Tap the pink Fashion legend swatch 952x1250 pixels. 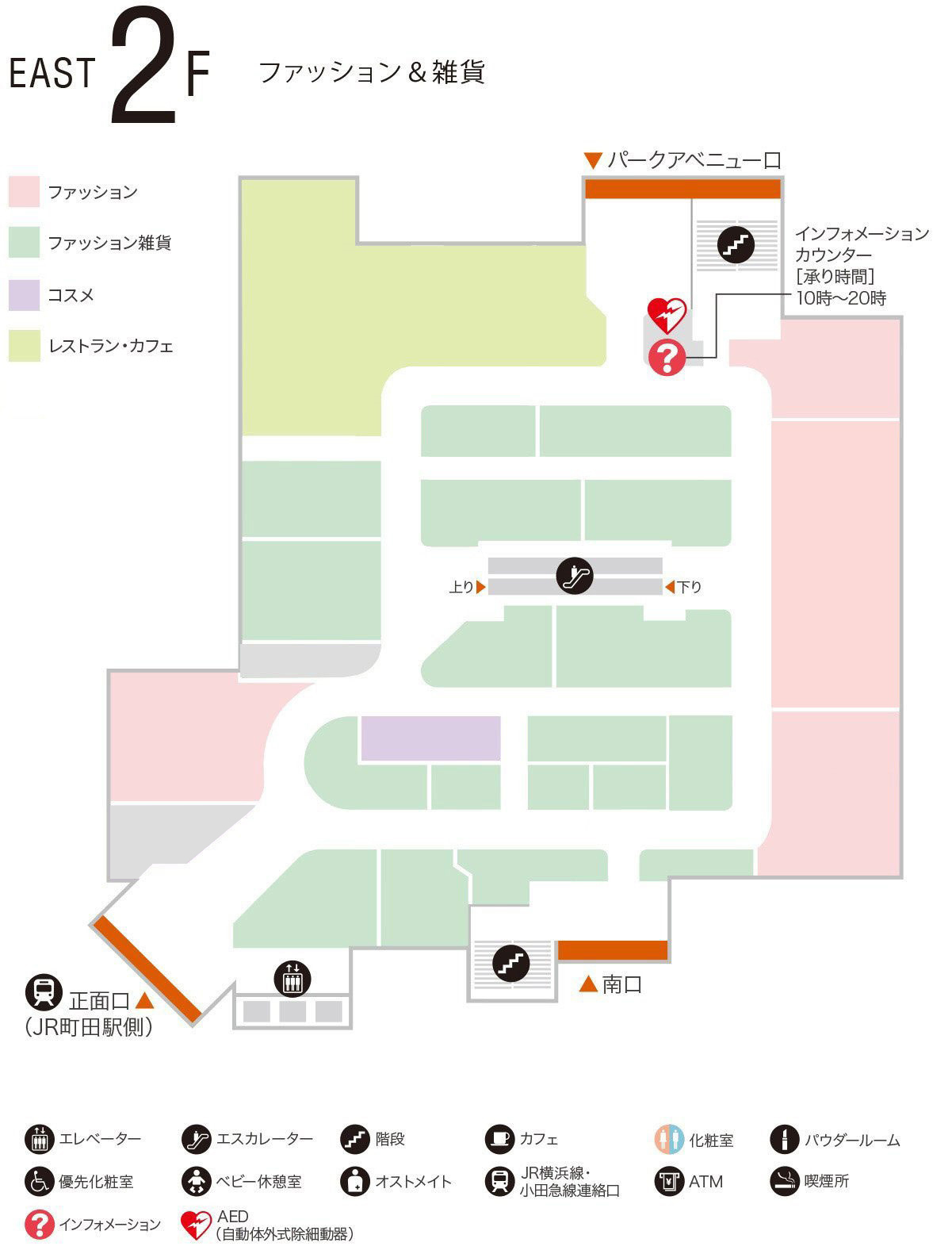coord(24,193)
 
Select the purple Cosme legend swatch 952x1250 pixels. coord(24,295)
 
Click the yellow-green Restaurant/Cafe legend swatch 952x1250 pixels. coord(24,346)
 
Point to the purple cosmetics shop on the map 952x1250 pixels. coord(430,738)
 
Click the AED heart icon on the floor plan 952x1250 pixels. coord(667,315)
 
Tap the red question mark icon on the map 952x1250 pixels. coord(667,358)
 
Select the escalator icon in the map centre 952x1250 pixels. coord(575,576)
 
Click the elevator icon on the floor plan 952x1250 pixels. coord(292,978)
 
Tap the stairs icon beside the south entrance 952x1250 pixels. coord(511,964)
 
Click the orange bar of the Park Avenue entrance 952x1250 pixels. coord(682,189)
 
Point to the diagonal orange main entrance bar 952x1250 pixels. coord(147,968)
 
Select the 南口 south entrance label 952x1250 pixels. coord(621,985)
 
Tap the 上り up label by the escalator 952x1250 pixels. coord(461,588)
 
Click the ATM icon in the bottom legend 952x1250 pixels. coord(669,1181)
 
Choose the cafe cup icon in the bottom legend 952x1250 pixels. coord(499,1139)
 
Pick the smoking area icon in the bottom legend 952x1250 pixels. coord(785,1181)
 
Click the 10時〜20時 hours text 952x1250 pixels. coord(841,299)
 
